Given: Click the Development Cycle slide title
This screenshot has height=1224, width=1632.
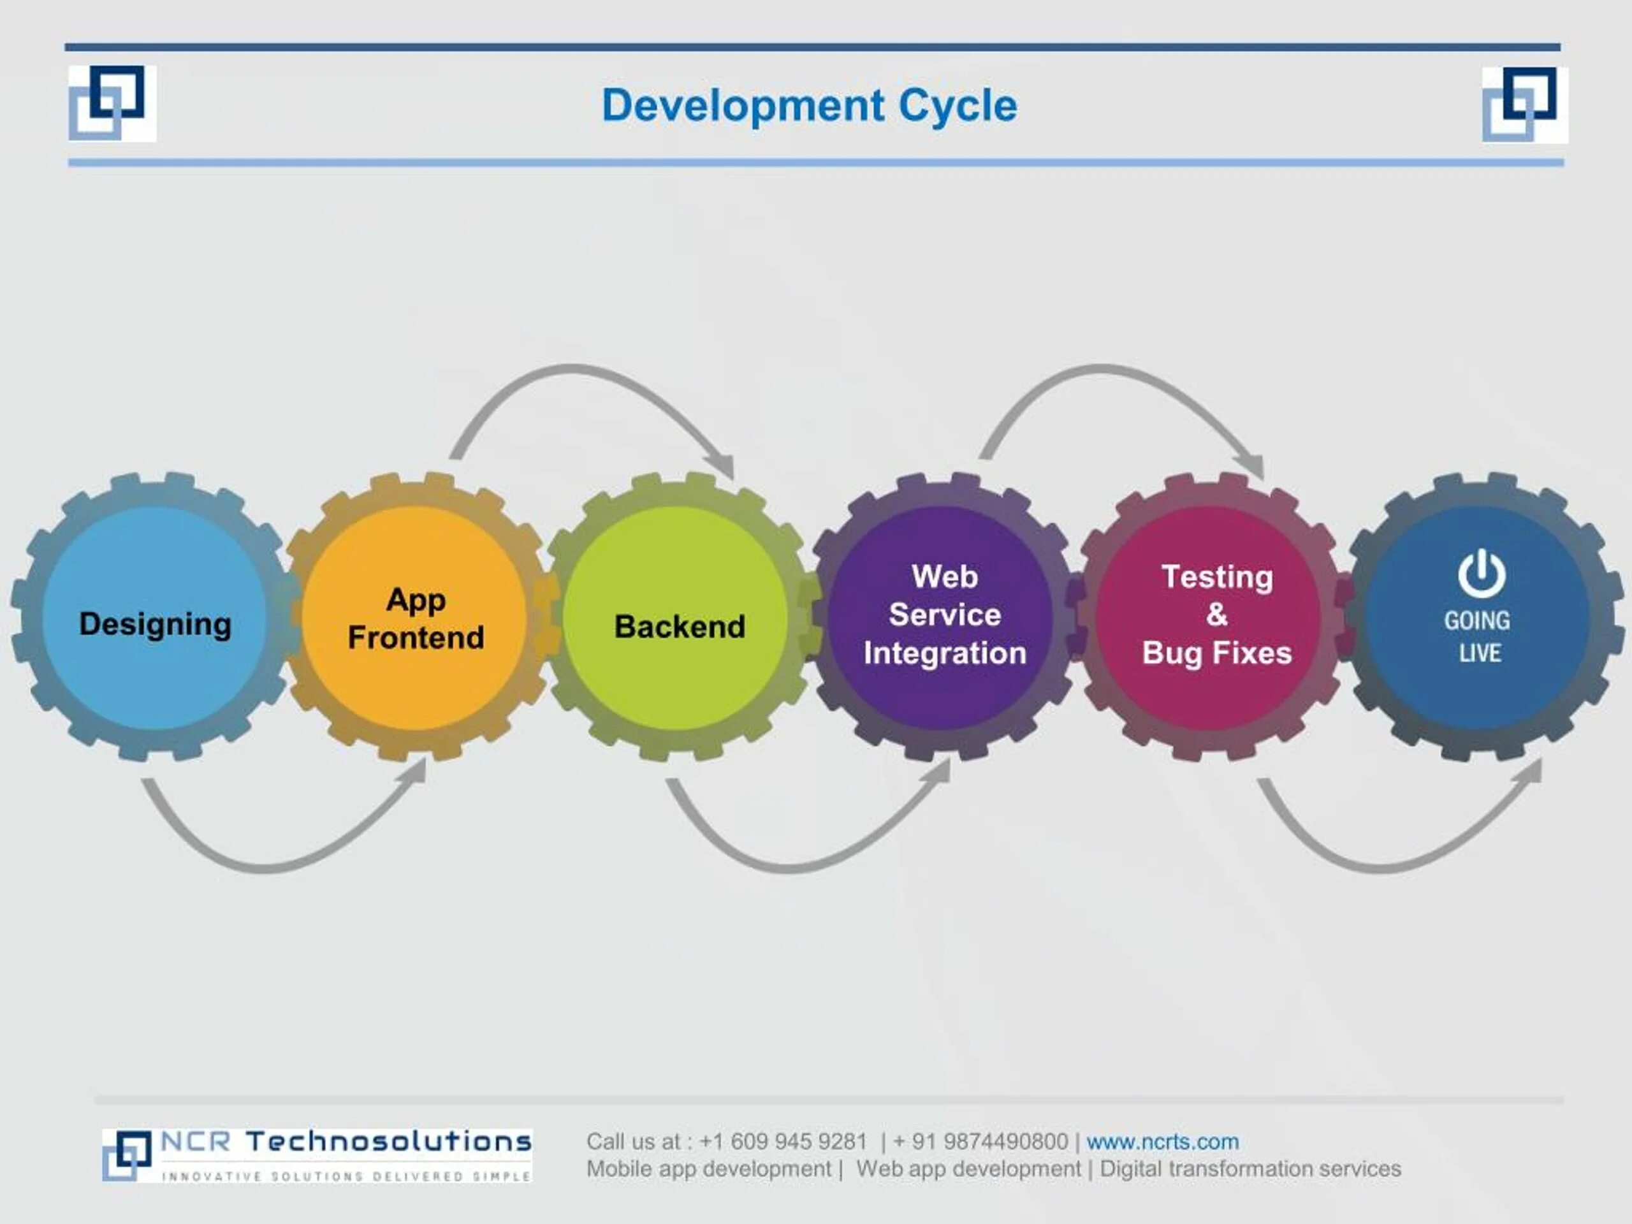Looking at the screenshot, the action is [x=810, y=105].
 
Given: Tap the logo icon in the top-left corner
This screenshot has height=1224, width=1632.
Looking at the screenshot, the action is [x=112, y=103].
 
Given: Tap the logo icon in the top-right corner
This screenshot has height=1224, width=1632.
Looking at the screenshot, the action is [x=1524, y=104].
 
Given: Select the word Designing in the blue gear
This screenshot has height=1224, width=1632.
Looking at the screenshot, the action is [x=155, y=624].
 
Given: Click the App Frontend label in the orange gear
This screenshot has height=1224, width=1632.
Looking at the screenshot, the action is [x=416, y=619].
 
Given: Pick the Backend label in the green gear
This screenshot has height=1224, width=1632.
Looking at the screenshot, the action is [x=680, y=627].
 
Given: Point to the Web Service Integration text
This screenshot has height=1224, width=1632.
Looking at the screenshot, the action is [x=944, y=615].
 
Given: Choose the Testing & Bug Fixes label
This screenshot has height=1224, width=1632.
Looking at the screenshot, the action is [x=1216, y=615].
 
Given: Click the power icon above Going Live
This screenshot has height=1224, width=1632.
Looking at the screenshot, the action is [x=1482, y=573].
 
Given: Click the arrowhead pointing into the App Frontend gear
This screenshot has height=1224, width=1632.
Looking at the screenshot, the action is [x=417, y=770].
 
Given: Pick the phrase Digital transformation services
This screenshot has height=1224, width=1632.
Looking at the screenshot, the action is [x=1250, y=1169].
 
